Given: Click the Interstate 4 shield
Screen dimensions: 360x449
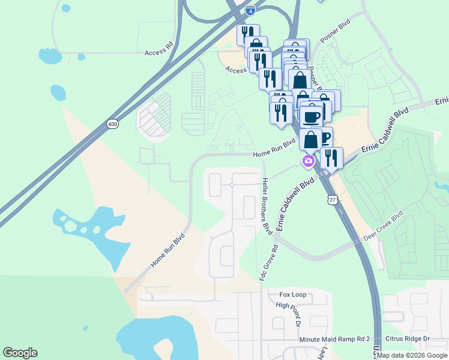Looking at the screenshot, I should (x=250, y=10).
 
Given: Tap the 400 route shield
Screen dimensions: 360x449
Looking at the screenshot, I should (x=112, y=124).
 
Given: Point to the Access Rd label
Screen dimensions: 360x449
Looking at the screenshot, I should (x=158, y=52).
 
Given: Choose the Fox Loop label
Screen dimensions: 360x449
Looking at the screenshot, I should (x=293, y=295).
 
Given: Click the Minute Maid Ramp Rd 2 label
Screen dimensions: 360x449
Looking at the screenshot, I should (x=335, y=340).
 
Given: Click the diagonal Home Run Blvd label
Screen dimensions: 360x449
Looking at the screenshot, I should (x=167, y=250).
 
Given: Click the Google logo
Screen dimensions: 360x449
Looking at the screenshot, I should (x=20, y=353).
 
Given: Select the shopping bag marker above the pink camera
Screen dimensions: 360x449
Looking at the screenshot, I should (x=311, y=141).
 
